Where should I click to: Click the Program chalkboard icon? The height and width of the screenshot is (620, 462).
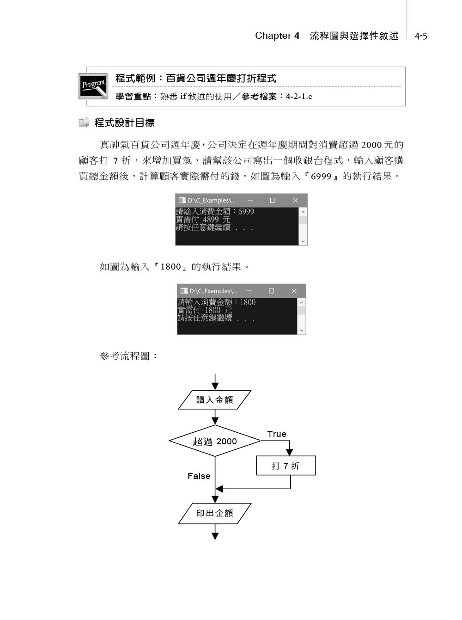point(93,86)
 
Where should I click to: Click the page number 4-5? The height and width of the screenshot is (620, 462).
point(421,36)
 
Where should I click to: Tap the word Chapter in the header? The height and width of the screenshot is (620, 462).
point(273,36)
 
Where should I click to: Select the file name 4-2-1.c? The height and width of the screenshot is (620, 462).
point(299,97)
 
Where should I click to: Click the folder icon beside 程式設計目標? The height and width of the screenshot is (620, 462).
point(84,123)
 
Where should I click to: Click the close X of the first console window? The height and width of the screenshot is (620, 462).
point(296,200)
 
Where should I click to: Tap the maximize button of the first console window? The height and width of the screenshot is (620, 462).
point(273,200)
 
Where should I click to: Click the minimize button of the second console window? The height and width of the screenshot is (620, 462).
point(249,291)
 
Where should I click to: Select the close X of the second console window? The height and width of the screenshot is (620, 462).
point(294,291)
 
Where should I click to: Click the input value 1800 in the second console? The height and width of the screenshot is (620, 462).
point(248,302)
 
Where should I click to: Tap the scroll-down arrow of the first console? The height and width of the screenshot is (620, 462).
point(303,241)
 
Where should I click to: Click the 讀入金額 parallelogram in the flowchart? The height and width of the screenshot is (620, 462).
point(215,400)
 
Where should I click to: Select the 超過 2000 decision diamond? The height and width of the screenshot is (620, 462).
point(215,441)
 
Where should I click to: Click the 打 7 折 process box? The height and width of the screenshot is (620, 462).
point(286,466)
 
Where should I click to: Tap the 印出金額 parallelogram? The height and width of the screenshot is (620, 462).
point(215,513)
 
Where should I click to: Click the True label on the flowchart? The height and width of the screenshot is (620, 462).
point(277,434)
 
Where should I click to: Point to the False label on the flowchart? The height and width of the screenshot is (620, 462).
point(199,476)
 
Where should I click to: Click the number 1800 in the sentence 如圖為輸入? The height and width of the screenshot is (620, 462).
point(170,267)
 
